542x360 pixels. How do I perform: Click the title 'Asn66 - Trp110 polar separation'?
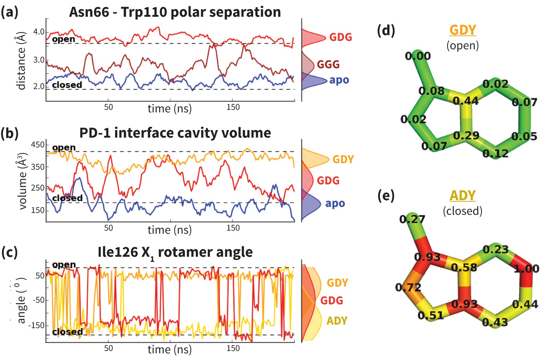(x=175, y=12)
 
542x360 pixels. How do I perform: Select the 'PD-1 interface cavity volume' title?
(x=175, y=133)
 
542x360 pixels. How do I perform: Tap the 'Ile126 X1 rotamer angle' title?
(x=175, y=253)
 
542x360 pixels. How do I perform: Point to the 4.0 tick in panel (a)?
(x=39, y=32)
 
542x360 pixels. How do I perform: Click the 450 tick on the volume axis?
(x=38, y=145)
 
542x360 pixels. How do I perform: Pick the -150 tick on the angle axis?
(x=36, y=325)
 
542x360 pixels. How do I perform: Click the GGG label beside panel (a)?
(x=328, y=64)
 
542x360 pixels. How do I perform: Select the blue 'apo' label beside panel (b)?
(x=335, y=203)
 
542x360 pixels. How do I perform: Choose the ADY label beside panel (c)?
(x=337, y=321)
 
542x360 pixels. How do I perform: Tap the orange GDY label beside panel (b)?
(x=343, y=159)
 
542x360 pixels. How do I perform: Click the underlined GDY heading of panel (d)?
(x=463, y=30)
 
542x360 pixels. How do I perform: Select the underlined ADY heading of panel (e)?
(x=463, y=196)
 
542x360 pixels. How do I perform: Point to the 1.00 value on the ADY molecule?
(x=526, y=269)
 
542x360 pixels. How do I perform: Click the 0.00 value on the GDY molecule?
(x=418, y=56)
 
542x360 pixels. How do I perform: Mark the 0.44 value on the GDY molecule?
(x=466, y=100)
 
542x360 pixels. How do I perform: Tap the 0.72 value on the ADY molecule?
(x=408, y=287)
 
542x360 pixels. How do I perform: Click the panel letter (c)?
(x=9, y=252)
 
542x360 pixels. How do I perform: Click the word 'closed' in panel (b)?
(x=67, y=198)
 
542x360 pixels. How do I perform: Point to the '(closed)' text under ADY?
(x=463, y=211)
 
